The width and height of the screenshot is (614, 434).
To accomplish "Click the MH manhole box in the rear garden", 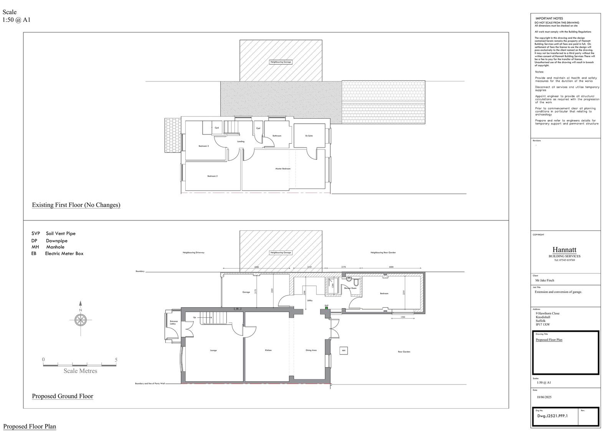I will pyautogui.click(x=344, y=351).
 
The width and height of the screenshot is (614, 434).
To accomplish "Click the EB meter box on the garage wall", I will pyautogui.click(x=237, y=308).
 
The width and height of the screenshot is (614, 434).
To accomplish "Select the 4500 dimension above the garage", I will pyautogui.click(x=256, y=267).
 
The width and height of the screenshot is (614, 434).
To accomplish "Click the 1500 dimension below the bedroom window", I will pyautogui.click(x=403, y=317).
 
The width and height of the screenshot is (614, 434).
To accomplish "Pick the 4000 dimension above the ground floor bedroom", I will pyautogui.click(x=391, y=267).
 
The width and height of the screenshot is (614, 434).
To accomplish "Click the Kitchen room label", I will pyautogui.click(x=268, y=350).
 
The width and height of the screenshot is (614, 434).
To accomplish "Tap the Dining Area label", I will pyautogui.click(x=311, y=350).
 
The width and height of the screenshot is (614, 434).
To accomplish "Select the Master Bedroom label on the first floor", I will pyautogui.click(x=283, y=169).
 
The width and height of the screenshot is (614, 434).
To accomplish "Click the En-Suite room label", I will pyautogui.click(x=309, y=136).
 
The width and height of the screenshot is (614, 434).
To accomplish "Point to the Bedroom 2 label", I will pyautogui.click(x=213, y=176).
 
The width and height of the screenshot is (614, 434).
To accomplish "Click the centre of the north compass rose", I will pyautogui.click(x=80, y=320).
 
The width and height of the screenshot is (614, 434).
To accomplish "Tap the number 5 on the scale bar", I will pyautogui.click(x=116, y=360).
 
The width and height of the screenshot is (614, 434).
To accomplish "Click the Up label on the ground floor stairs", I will pyautogui.click(x=195, y=318).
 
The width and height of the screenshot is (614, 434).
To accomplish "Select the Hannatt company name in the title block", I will pyautogui.click(x=564, y=250).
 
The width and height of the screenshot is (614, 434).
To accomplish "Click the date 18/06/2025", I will pyautogui.click(x=544, y=398).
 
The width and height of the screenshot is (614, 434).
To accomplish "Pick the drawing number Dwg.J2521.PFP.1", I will pyautogui.click(x=552, y=416).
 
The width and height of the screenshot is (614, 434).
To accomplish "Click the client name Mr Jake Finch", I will pyautogui.click(x=545, y=280).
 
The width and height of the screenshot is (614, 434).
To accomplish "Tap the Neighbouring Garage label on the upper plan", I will pyautogui.click(x=281, y=62).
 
